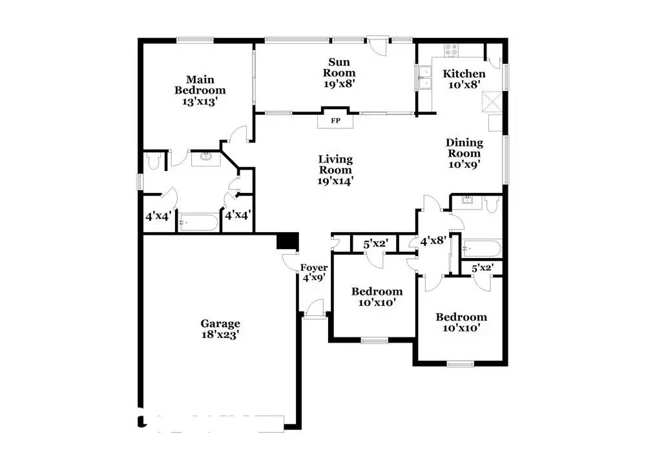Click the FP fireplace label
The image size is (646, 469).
click(335, 121)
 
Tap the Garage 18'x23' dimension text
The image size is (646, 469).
click(220, 335)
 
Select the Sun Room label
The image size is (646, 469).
click(339, 68)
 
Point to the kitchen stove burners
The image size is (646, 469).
click(451, 50)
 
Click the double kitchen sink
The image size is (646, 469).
click(423, 77)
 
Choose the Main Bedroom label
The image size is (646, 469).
click(200, 85)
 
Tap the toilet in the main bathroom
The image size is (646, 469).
click(153, 161)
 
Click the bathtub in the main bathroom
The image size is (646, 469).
click(198, 223)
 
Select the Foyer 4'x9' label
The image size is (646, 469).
click(314, 273)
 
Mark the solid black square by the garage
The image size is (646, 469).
click(287, 241)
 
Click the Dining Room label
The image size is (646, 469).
click(464, 148)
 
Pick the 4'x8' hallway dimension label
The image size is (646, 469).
click(433, 241)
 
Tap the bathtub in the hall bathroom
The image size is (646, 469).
click(481, 249)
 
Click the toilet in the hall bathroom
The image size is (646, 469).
click(492, 204)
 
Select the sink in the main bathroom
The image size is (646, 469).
click(206, 157)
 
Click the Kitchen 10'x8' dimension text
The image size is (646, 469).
click(464, 85)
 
